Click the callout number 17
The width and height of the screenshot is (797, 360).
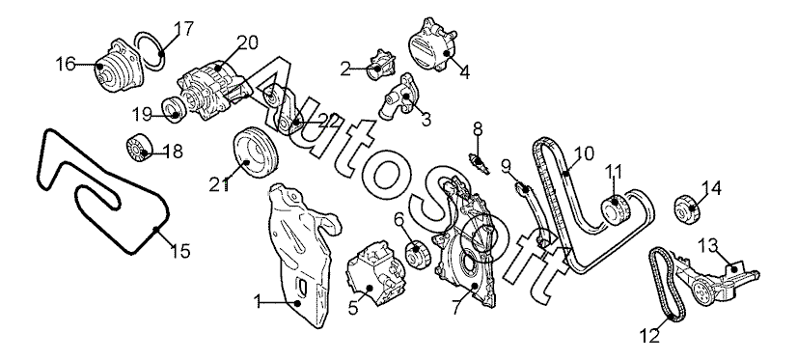point(183,29)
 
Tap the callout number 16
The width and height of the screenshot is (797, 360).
point(66,64)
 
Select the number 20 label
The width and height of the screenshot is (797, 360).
point(248,42)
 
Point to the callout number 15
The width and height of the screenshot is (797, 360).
point(180,250)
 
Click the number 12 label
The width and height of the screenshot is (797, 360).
point(650,336)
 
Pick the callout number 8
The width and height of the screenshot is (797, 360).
point(478,129)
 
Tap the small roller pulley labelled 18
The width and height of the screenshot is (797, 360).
point(138,147)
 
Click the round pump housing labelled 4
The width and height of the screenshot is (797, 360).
point(433,44)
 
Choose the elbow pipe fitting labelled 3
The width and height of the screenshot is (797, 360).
point(398,97)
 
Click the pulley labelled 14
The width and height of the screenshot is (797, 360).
point(690,208)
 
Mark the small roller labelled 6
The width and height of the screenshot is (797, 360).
point(418,256)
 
